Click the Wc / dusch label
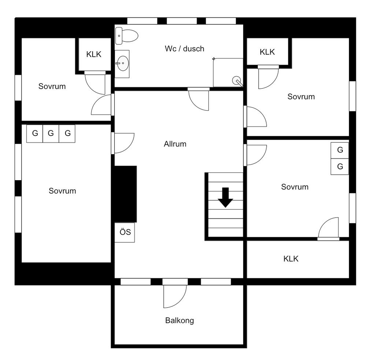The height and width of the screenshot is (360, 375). (x=184, y=49)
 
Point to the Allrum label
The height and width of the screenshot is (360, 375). (x=175, y=144)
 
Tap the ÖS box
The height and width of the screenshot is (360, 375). (x=125, y=232)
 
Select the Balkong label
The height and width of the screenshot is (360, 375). (x=179, y=320)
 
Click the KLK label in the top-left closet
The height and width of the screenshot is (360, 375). (x=94, y=55)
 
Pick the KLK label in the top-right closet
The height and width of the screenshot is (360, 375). (x=267, y=52)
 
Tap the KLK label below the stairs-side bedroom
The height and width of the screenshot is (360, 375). (x=291, y=259)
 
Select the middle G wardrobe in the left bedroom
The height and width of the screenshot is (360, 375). (x=51, y=133)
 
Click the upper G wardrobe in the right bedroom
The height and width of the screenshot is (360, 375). (x=340, y=150)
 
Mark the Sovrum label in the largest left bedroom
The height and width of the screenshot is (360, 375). (x=62, y=191)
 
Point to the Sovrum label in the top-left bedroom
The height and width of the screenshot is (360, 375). (x=52, y=86)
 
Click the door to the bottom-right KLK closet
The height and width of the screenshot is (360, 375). (x=328, y=229)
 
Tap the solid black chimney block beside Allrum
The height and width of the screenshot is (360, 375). (x=125, y=194)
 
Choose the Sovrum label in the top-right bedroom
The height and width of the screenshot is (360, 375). (x=301, y=97)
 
